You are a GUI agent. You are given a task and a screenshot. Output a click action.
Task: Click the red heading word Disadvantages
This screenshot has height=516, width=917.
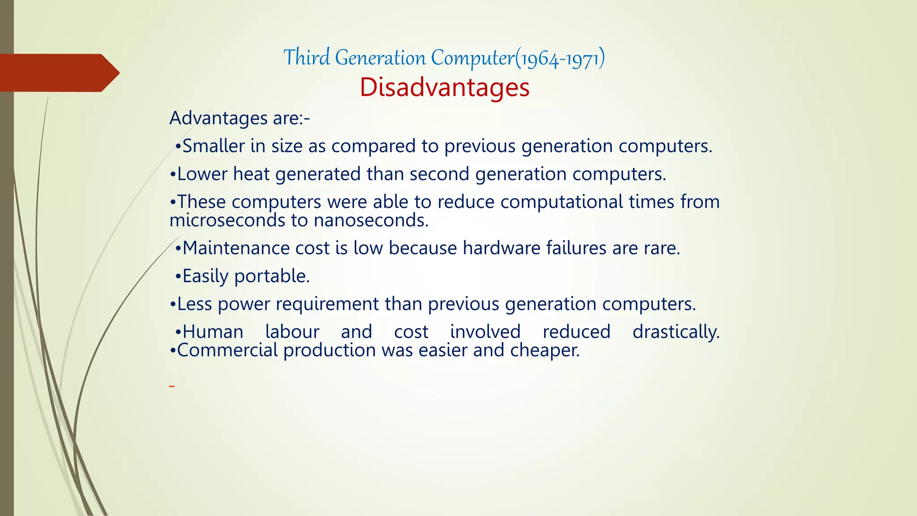click(444, 87)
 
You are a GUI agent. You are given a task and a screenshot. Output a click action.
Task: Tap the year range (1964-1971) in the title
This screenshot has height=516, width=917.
click(560, 58)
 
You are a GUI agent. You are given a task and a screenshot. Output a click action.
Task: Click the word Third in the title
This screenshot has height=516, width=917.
click(307, 57)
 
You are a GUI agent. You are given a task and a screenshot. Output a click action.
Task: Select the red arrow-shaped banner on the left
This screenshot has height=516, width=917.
click(58, 73)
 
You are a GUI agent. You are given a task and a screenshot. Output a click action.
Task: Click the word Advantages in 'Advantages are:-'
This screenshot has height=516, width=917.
click(219, 118)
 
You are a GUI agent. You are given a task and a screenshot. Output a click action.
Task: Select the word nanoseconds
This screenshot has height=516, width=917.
click(371, 220)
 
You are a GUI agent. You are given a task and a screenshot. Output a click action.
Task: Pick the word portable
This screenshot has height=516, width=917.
click(272, 276)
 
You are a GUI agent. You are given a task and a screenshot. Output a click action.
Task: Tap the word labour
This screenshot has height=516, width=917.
click(292, 332)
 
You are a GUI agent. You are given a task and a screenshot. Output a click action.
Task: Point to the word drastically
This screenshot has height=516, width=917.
click(676, 332)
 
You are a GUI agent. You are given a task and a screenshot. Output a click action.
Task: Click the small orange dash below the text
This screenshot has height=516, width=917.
click(171, 386)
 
